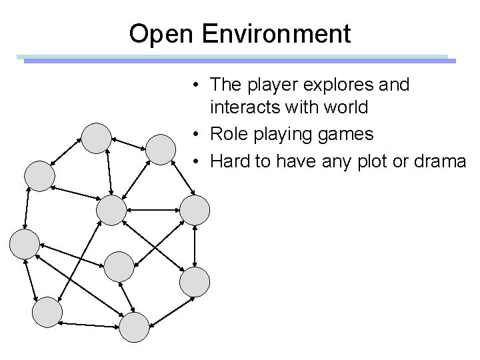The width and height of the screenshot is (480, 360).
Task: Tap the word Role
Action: coord(227,134)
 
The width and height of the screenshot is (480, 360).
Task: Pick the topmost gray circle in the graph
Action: coord(97,137)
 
